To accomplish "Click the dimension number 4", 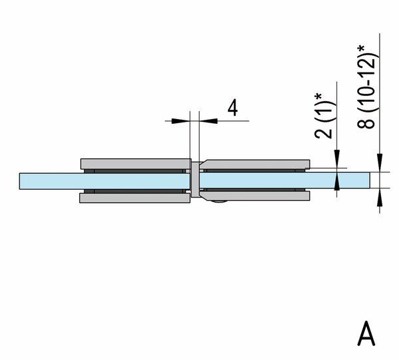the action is coord(233,108).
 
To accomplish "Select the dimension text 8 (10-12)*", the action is coord(366,87).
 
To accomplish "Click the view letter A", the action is coord(366,333).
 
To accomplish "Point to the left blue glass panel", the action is coord(104,181).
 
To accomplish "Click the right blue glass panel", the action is coord(285,180).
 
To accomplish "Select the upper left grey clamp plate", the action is coord(136,164).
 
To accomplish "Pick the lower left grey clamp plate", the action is coord(135,198).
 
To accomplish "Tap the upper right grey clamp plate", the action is coord(255,164).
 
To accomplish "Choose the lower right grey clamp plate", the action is coord(255,196).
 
